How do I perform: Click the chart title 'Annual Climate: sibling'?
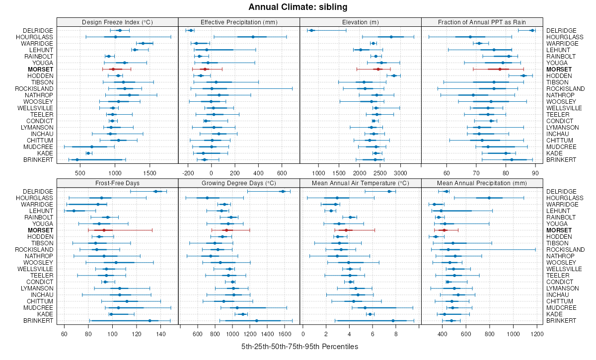pyautogui.click(x=298, y=7)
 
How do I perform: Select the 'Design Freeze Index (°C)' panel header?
pyautogui.click(x=118, y=22)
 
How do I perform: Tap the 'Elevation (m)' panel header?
pyautogui.click(x=361, y=22)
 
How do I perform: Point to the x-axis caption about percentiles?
pyautogui.click(x=299, y=346)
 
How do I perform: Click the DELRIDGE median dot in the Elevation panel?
pyautogui.click(x=311, y=31)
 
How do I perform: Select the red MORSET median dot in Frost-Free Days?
pyautogui.click(x=104, y=230)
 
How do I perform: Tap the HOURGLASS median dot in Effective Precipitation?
pyautogui.click(x=253, y=37)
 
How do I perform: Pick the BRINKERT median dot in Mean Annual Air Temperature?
pyautogui.click(x=393, y=321)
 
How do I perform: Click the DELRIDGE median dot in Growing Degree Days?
pyautogui.click(x=283, y=192)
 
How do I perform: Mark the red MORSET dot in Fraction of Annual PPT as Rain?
pyautogui.click(x=500, y=70)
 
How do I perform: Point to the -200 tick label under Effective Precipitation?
pyautogui.click(x=188, y=173)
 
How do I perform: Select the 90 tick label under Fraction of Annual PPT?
pyautogui.click(x=535, y=173)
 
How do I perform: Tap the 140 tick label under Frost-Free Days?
pyautogui.click(x=160, y=334)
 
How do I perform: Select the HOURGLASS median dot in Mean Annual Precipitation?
pyautogui.click(x=489, y=198)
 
